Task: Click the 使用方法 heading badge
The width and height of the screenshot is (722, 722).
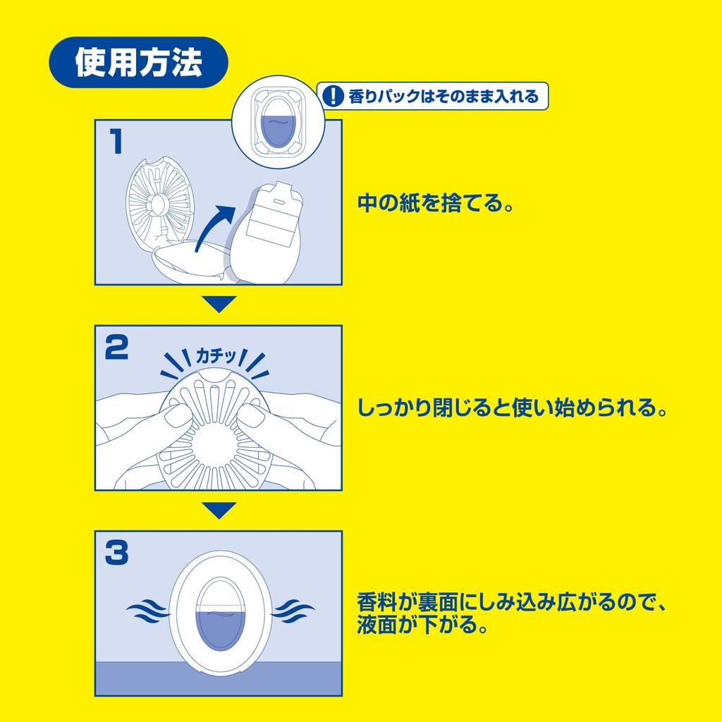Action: click(138, 63)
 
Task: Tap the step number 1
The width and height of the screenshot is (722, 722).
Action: click(116, 141)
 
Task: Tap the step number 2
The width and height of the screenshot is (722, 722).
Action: click(116, 348)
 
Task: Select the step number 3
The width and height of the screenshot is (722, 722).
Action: click(116, 553)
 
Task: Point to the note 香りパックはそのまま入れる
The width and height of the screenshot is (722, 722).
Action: click(443, 96)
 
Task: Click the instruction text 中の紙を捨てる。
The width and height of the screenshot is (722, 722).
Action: click(434, 204)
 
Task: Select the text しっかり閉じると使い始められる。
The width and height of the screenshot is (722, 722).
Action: click(512, 408)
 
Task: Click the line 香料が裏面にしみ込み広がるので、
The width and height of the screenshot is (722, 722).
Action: click(512, 604)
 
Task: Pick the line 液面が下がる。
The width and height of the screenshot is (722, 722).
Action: click(423, 625)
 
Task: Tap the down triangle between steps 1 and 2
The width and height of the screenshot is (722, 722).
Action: click(219, 304)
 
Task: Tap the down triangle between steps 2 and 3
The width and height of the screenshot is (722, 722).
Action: click(219, 510)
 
